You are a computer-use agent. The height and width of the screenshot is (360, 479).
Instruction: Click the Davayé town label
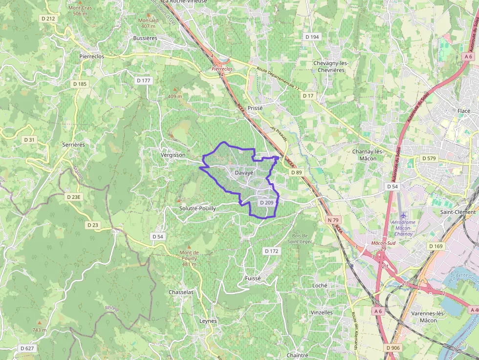click(x=244, y=173)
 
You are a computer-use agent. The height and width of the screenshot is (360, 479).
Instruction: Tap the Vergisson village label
click(x=173, y=155)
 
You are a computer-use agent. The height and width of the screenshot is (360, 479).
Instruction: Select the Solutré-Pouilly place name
click(x=197, y=208)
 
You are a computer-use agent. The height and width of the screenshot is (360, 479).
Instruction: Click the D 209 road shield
click(x=266, y=202)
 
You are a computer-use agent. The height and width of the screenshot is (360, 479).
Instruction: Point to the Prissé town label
click(x=255, y=108)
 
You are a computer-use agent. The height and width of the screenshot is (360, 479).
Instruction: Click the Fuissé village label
click(x=253, y=278)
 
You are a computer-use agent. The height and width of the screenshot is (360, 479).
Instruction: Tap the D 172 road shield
click(x=271, y=251)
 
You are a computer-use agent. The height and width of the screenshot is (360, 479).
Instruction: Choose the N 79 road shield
click(x=333, y=220)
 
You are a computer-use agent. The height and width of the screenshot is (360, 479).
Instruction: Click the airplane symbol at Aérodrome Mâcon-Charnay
click(x=403, y=215)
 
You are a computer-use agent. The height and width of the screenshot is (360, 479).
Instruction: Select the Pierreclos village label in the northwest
click(x=91, y=57)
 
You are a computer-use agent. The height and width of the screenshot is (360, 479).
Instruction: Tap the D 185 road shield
click(x=80, y=84)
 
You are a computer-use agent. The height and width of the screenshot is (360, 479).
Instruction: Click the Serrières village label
click(x=74, y=145)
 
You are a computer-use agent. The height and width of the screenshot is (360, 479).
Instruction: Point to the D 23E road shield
click(x=74, y=197)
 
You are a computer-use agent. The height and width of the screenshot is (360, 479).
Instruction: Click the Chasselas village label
click(x=181, y=292)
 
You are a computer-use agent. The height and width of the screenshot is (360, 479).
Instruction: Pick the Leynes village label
click(x=208, y=321)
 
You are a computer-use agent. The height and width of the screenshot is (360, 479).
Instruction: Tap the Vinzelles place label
click(x=322, y=312)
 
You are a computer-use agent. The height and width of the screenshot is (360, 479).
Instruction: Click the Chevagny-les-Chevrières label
click(x=329, y=66)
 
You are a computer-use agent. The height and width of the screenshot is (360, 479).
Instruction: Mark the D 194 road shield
click(x=312, y=37)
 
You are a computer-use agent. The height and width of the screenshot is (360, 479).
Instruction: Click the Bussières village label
click(x=145, y=38)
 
